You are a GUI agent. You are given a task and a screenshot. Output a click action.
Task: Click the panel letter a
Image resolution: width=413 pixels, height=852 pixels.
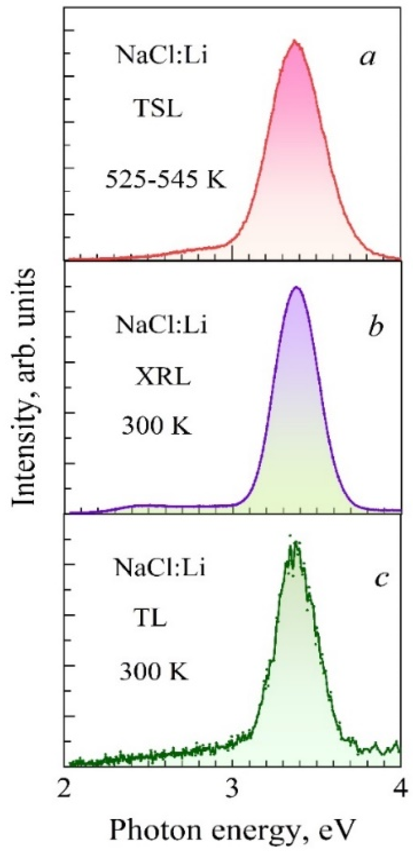(x=367, y=58)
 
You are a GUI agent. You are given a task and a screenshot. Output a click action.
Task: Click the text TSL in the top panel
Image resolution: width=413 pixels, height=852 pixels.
(x=159, y=110)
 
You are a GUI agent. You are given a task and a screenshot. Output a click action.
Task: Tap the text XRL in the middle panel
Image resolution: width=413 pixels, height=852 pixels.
(x=163, y=377)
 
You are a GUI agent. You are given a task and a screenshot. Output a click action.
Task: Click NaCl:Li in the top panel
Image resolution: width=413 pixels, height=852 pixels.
(x=162, y=55)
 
